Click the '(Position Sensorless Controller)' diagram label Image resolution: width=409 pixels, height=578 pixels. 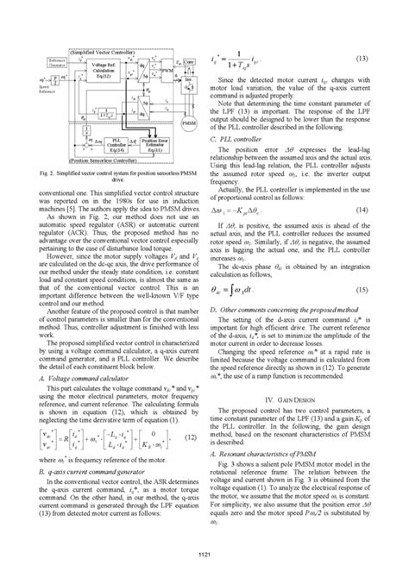102,160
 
